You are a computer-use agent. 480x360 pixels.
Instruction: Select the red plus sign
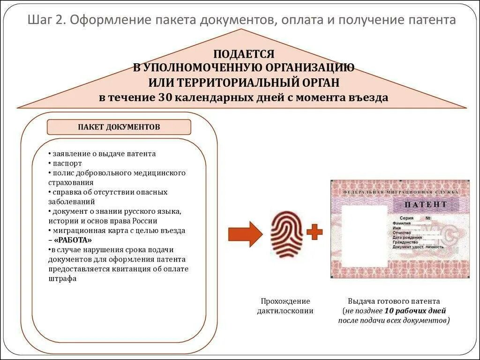click(315, 231)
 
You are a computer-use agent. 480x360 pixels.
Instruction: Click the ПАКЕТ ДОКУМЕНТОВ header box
click(119, 127)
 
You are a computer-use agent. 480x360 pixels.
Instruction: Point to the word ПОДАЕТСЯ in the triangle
click(244, 54)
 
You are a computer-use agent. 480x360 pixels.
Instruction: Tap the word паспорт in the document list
click(67, 164)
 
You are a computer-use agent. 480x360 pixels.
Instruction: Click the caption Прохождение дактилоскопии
click(285, 306)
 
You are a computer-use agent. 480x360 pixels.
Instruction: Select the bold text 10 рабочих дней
click(415, 311)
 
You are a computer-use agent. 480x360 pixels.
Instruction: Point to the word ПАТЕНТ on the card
click(426, 205)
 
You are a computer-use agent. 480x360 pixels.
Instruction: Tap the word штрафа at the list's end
click(62, 278)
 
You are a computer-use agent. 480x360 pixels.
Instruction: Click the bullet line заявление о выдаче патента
click(104, 154)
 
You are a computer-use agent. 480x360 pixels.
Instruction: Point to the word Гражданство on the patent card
click(405, 242)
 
